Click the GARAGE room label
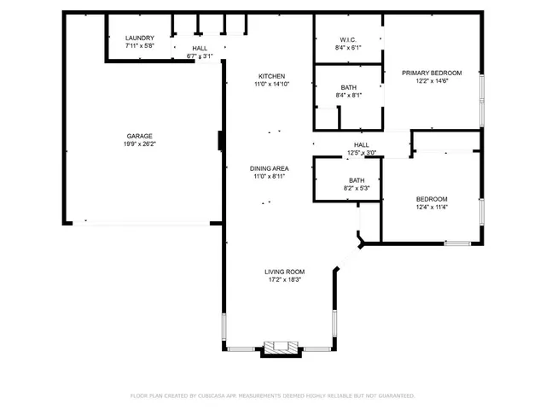(x=141, y=136)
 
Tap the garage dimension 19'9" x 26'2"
(x=141, y=144)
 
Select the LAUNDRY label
(x=139, y=38)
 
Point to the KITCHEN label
(x=271, y=76)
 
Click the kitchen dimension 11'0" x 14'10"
(x=271, y=85)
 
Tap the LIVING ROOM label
(x=283, y=271)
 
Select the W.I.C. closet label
(x=348, y=39)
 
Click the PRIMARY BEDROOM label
(x=432, y=73)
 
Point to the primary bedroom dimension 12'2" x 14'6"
(x=432, y=81)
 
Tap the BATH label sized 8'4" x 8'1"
(x=348, y=87)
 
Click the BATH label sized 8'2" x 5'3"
(x=357, y=180)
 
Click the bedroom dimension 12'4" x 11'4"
(x=432, y=207)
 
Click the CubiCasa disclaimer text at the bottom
(x=272, y=395)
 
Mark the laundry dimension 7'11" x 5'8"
(x=139, y=47)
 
